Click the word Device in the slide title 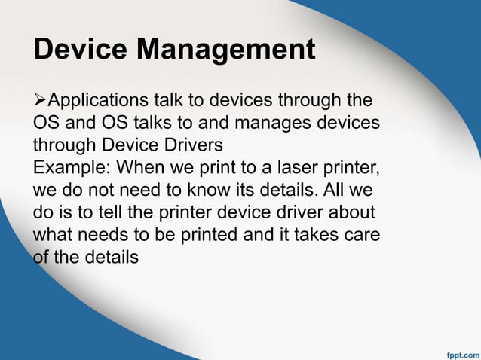pos(81,50)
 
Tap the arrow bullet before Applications pos(40,101)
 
